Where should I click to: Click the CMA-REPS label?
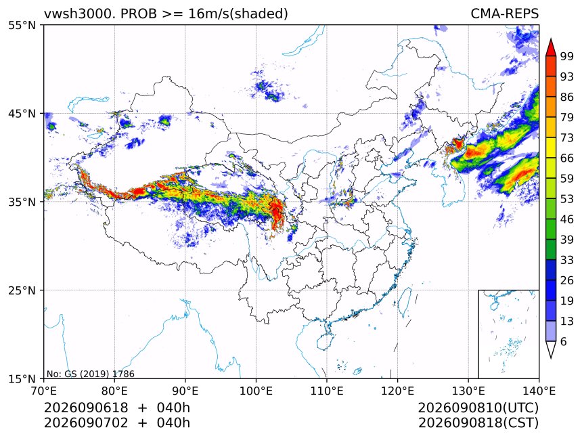pos(504,14)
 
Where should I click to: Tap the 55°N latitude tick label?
pos(22,25)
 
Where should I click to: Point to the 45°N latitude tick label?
pos(22,113)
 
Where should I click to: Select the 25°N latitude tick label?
pos(22,290)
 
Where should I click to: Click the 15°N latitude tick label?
pos(22,378)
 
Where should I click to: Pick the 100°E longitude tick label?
pos(256,391)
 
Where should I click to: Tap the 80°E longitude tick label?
pos(114,391)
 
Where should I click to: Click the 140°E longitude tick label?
pos(539,391)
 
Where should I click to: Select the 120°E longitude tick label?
pos(397,391)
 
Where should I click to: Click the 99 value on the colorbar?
pos(567,56)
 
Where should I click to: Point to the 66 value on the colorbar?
pos(567,158)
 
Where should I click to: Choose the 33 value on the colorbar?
pos(567,260)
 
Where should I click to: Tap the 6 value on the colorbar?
pos(564,341)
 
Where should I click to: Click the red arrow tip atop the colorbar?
pos(551,39)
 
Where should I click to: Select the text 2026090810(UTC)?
pos(478,408)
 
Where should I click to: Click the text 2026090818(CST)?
pos(478,423)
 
